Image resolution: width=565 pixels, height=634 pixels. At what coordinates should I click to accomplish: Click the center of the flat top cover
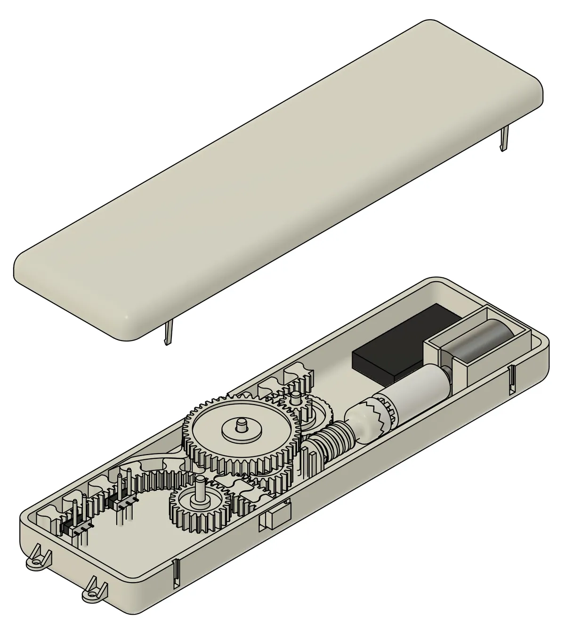point(278,179)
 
